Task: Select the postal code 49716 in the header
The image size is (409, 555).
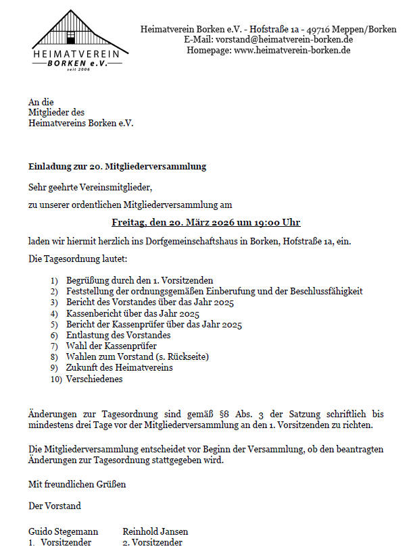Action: click(318, 30)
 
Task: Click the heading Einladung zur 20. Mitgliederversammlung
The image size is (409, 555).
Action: click(117, 166)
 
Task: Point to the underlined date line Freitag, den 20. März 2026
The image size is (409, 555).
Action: click(206, 222)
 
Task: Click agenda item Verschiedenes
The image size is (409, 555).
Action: click(95, 379)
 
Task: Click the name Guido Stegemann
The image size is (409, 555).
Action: click(63, 531)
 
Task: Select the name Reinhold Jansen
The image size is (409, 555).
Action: click(155, 531)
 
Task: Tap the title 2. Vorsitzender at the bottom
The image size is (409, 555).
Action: click(152, 542)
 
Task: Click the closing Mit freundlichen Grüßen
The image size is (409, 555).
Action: click(77, 484)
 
